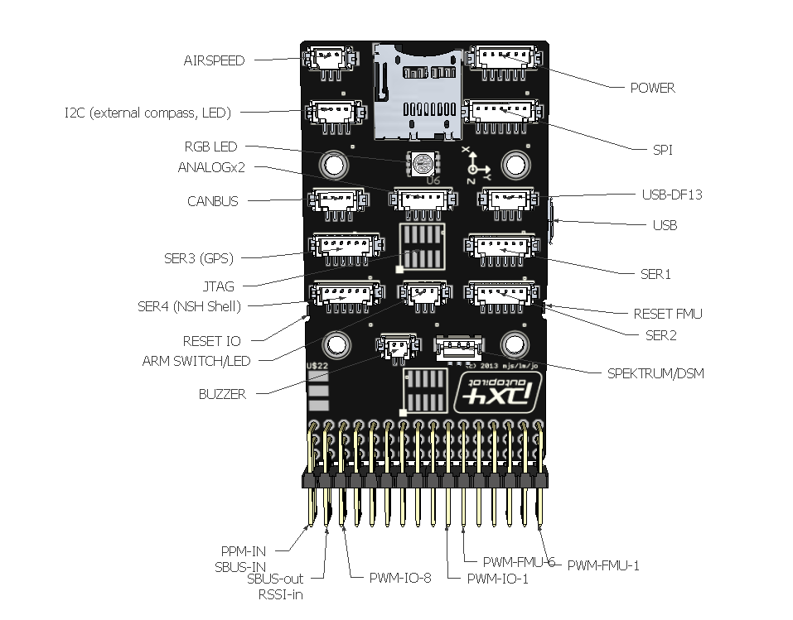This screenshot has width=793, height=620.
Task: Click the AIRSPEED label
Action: tap(214, 60)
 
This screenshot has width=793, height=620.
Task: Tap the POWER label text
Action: tap(652, 88)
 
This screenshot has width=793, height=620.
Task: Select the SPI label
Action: tap(662, 150)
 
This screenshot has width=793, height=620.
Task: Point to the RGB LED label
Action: tap(210, 147)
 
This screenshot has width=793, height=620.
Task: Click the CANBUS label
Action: tap(212, 201)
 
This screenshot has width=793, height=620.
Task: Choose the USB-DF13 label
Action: tap(672, 195)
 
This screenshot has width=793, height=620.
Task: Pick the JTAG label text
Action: tap(219, 286)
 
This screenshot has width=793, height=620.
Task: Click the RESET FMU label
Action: tap(667, 314)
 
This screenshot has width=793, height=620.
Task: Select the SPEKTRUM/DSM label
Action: tap(655, 373)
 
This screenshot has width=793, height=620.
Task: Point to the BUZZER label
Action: tap(222, 394)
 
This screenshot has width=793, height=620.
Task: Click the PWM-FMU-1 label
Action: tap(602, 565)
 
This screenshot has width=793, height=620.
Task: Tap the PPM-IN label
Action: tap(243, 550)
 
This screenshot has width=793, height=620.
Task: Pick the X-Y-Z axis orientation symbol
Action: tap(476, 166)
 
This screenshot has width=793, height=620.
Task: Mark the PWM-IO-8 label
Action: tap(400, 578)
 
